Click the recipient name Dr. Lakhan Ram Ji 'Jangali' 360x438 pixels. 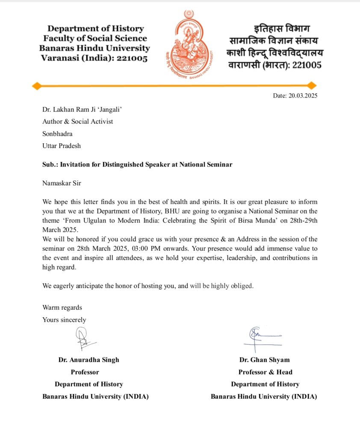pyautogui.click(x=82, y=109)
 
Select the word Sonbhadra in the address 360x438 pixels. pyautogui.click(x=57, y=133)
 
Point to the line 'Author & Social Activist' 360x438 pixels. pyautogui.click(x=77, y=121)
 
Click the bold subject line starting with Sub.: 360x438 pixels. pyautogui.click(x=137, y=164)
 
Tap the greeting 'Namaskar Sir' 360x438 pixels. pyautogui.click(x=62, y=183)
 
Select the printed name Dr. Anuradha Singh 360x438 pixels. pyautogui.click(x=89, y=360)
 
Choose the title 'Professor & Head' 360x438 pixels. pyautogui.click(x=265, y=372)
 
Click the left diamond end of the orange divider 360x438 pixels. pyautogui.click(x=36, y=86)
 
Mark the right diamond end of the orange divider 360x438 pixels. pyautogui.click(x=312, y=86)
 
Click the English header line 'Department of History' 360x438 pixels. pyautogui.click(x=96, y=29)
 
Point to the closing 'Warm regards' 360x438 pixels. pyautogui.click(x=62, y=308)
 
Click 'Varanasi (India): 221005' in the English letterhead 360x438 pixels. pyautogui.click(x=94, y=58)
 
